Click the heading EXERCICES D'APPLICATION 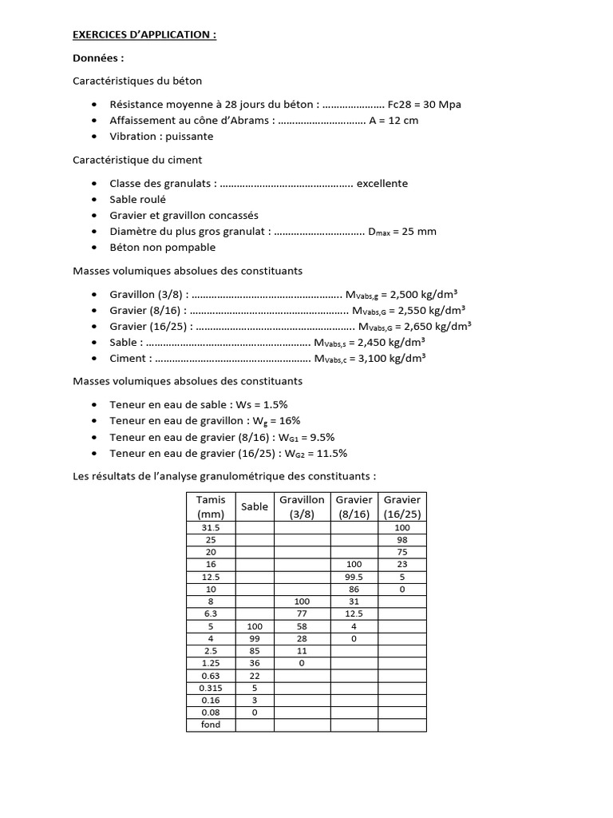click(x=144, y=36)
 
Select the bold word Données click(x=98, y=58)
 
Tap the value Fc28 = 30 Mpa click(x=424, y=105)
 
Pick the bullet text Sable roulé click(x=137, y=200)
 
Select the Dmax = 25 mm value click(x=401, y=232)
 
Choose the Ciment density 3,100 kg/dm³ click(x=388, y=359)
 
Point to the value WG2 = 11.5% click(x=311, y=453)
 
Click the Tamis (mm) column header click(x=211, y=506)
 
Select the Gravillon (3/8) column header click(x=301, y=506)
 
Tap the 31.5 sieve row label click(x=211, y=529)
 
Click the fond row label click(x=211, y=725)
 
